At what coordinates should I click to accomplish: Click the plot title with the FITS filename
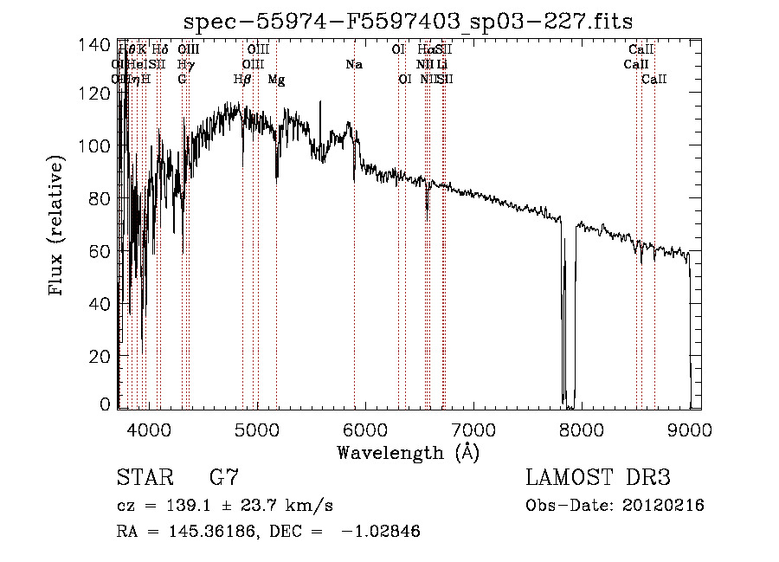[409, 21]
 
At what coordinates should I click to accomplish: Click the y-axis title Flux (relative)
[57, 228]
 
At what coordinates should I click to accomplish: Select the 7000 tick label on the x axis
[473, 429]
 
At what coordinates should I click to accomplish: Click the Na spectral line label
[353, 65]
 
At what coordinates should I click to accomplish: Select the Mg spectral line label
[276, 80]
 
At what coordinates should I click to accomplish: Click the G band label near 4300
[182, 80]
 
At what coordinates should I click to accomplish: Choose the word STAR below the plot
[144, 477]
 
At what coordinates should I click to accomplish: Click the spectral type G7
[224, 477]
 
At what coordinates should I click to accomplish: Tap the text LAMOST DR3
[597, 477]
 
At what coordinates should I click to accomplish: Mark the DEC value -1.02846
[382, 532]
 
